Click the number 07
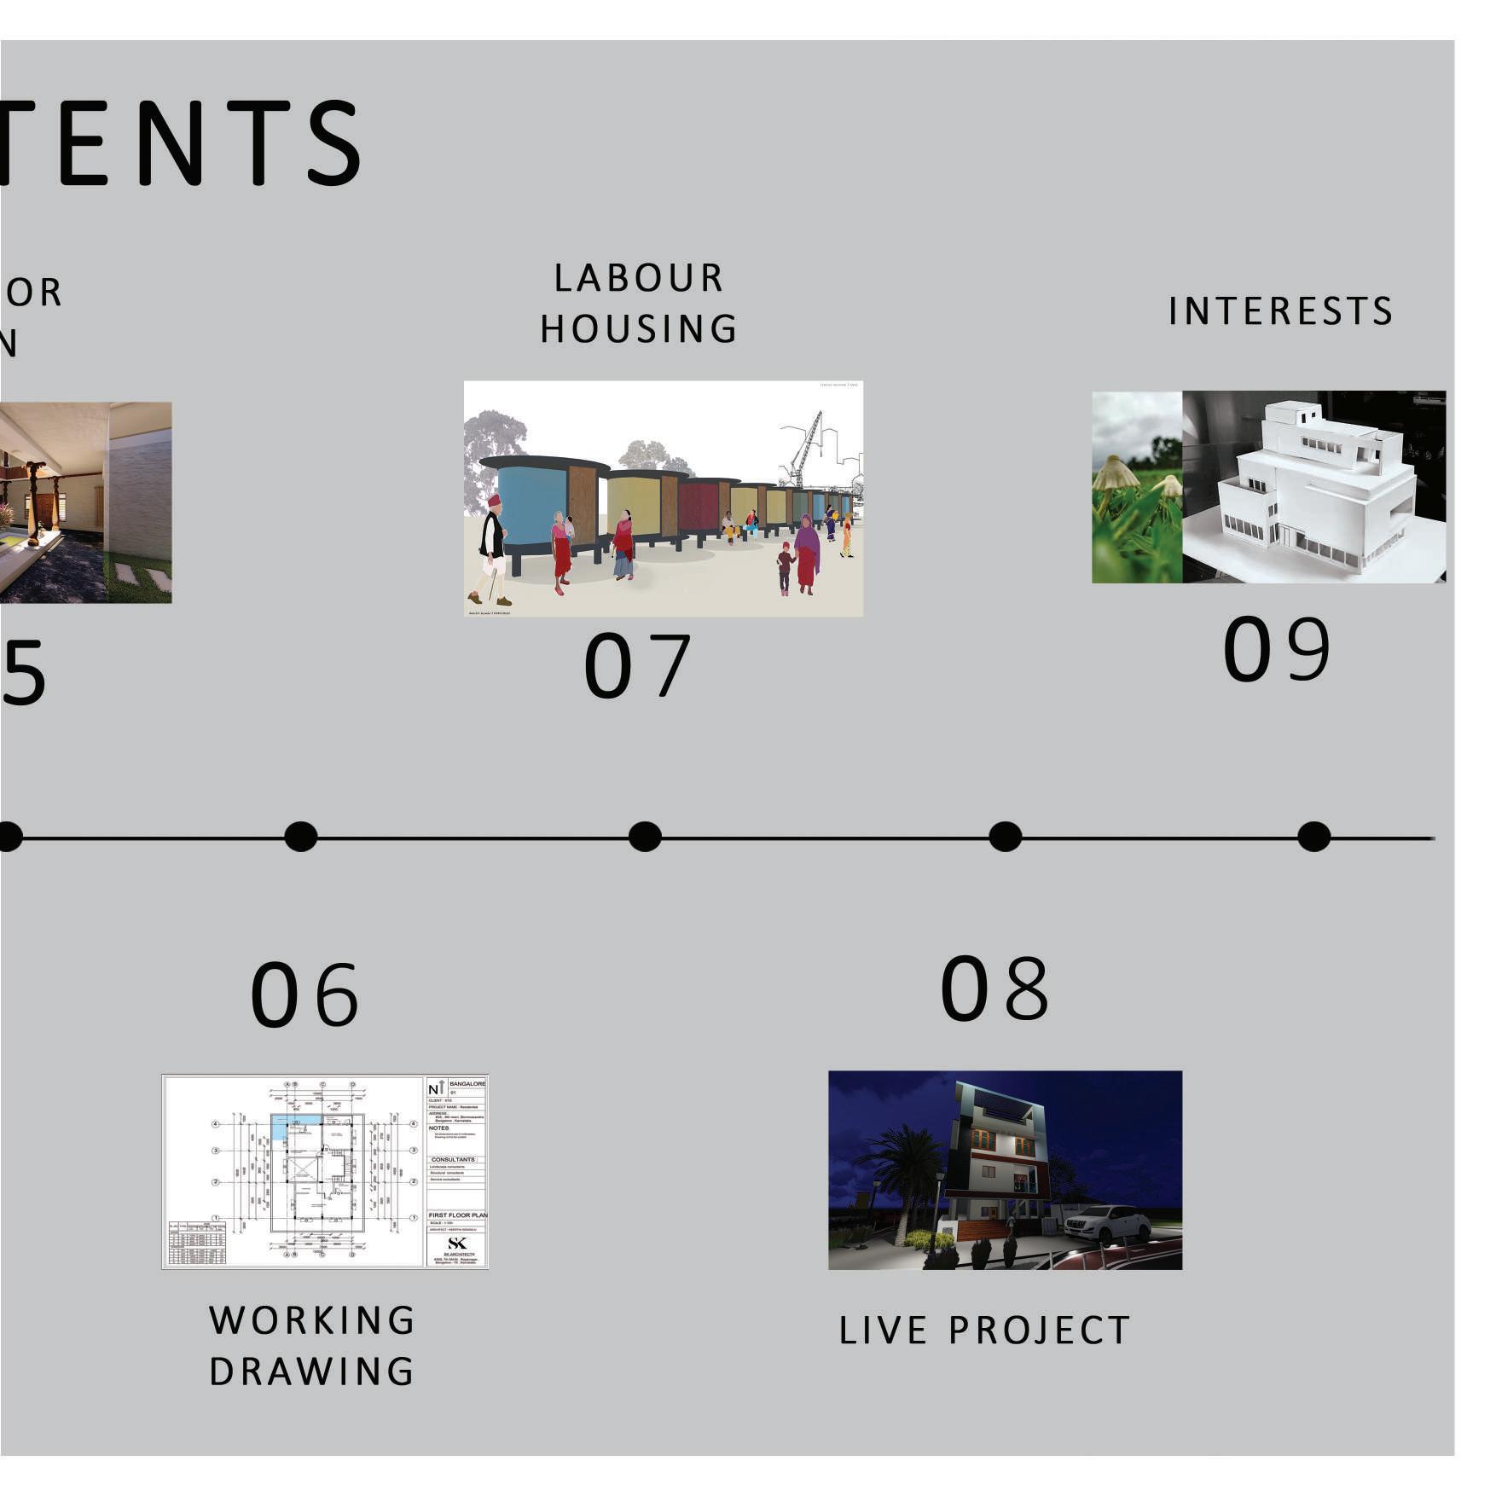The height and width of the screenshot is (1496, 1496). pos(636,666)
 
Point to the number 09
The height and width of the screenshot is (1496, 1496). pos(1276,649)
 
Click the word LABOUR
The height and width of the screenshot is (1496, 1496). pos(639,278)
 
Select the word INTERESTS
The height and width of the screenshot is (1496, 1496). pos(1280,311)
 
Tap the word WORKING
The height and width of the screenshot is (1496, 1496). pos(312,1320)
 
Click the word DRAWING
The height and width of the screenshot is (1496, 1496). pos(312,1371)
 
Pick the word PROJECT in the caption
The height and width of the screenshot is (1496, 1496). pos(1040,1331)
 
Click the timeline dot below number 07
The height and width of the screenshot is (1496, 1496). pos(645,837)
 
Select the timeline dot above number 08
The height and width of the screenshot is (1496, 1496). pos(1005,837)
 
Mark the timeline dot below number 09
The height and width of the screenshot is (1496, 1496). pos(1313,837)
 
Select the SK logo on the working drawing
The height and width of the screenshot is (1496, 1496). pos(457,1244)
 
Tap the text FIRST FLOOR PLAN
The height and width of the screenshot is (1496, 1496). pos(457,1215)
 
